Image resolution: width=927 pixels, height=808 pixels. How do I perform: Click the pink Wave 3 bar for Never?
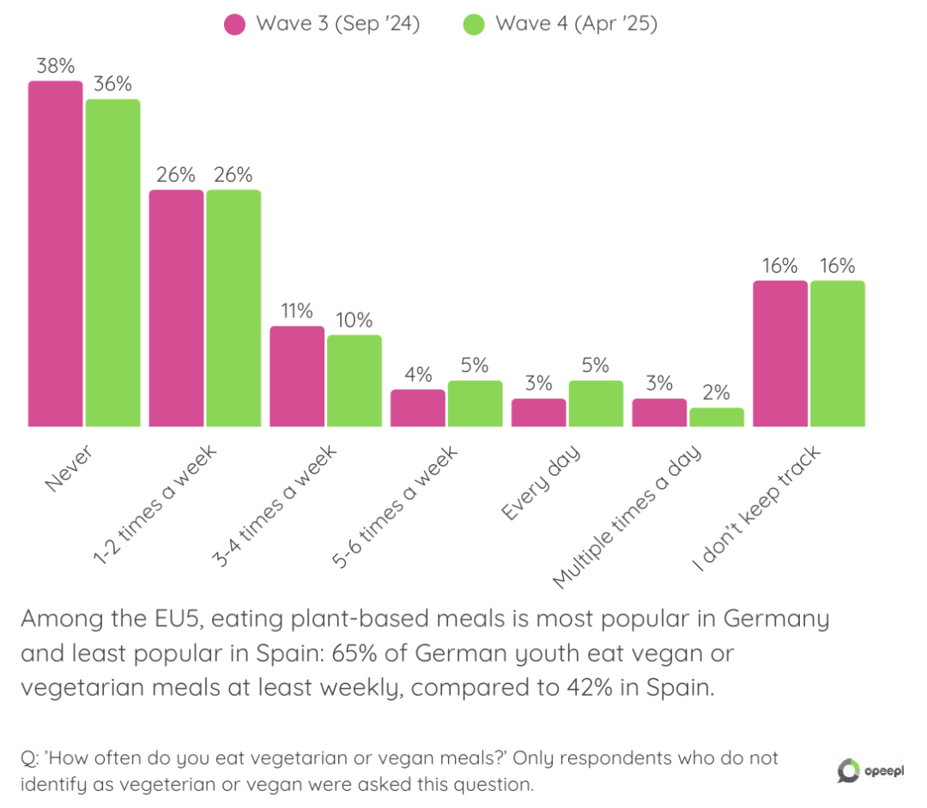56,254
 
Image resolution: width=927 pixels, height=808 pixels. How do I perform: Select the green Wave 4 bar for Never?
112,262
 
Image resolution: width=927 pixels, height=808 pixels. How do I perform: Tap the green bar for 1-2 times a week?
233,308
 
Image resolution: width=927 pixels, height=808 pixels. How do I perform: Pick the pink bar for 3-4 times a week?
297,376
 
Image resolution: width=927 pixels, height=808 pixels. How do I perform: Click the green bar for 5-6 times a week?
475,403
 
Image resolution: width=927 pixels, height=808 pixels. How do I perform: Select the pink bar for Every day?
538,413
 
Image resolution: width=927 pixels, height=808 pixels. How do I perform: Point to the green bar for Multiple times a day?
716,417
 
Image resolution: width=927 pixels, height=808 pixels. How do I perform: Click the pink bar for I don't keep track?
780,353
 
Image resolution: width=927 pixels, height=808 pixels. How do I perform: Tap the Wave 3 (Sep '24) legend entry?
323,24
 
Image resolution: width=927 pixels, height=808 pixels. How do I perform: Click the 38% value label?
55,66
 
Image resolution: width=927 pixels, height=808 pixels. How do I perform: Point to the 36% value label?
112,84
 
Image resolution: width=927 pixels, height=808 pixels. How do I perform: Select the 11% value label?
297,311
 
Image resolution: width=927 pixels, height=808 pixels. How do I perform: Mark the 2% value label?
716,393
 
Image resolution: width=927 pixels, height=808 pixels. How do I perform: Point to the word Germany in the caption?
776,618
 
